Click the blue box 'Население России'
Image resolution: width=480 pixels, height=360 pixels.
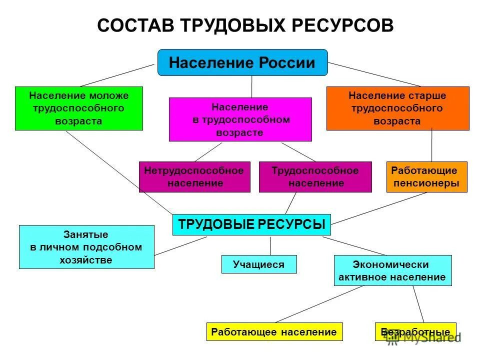point(242,62)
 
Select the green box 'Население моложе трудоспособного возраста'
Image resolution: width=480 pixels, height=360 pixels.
point(78,108)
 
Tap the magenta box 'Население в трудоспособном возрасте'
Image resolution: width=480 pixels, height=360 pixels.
point(240,119)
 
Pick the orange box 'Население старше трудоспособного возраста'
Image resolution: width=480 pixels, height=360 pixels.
point(397,108)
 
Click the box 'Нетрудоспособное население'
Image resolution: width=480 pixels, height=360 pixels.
point(194,176)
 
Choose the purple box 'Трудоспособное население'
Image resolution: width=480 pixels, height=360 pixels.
point(315,176)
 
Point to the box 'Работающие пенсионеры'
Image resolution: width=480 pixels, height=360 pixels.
point(427,176)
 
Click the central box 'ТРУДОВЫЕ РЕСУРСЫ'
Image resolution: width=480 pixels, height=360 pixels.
point(251,224)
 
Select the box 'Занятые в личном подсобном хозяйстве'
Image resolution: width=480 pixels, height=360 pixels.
point(86,246)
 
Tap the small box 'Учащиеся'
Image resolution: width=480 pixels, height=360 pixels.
point(258,264)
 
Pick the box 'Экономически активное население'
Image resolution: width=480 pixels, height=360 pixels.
point(392,270)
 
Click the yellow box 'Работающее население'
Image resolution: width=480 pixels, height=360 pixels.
point(274,331)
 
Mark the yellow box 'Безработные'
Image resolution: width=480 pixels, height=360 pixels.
point(415,331)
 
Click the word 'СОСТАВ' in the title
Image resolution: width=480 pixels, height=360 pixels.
point(133,25)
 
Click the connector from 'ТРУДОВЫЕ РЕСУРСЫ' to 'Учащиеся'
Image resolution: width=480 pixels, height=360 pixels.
point(270,245)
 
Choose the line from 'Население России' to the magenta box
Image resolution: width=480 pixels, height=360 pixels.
point(251,86)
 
